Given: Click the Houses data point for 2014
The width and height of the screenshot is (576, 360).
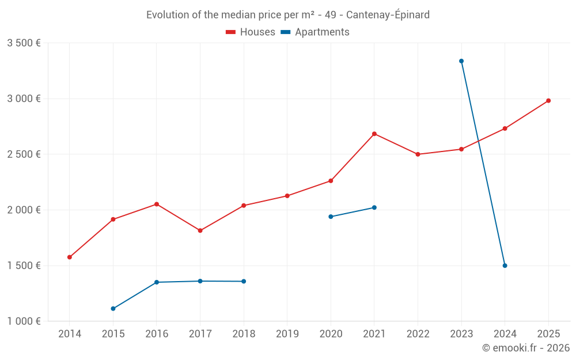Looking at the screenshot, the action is point(70,257).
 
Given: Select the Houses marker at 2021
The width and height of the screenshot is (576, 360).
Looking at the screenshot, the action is point(374,134).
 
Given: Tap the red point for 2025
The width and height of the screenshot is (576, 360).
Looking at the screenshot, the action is point(548,101).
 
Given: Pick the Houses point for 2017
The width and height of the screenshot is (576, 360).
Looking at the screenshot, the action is point(200,230).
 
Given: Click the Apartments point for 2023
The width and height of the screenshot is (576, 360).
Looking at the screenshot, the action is point(461,61).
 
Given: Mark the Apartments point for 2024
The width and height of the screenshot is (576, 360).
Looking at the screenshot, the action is point(505,266).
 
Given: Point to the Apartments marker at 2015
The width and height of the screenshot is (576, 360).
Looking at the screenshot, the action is point(113,309).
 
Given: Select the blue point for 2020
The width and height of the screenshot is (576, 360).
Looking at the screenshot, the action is point(331,217).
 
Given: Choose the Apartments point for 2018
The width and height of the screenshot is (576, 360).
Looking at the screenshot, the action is point(244,281).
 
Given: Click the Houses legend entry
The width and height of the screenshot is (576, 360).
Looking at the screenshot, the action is point(251,32).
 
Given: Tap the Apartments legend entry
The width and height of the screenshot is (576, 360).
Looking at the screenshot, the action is point(315,32).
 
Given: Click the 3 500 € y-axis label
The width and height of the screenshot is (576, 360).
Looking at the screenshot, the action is point(24,43).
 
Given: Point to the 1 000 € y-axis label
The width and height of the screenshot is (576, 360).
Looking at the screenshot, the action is point(24,321).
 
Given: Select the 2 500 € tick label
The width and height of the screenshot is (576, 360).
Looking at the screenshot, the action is point(24,154).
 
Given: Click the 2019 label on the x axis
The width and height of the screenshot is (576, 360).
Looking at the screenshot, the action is point(287,334).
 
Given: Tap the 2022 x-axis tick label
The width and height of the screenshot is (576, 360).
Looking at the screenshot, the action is point(418,334).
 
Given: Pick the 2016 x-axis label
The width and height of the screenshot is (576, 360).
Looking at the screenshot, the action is point(157,334).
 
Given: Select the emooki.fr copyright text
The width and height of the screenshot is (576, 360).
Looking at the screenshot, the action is point(525,348).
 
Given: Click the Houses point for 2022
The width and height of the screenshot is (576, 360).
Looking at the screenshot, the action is point(418,154).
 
